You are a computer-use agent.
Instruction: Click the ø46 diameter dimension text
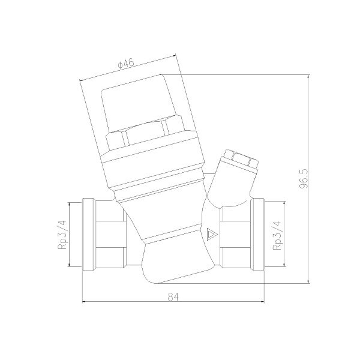125,64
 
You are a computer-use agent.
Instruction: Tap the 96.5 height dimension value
304,179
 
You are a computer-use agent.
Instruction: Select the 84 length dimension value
173,297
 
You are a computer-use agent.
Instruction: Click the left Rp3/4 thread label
62,235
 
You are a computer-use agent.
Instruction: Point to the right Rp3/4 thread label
277,235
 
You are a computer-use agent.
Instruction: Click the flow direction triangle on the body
212,235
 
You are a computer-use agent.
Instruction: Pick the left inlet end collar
89,235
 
